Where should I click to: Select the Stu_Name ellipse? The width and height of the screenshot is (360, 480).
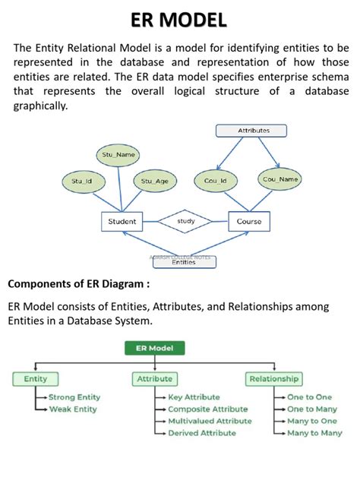point(119,154)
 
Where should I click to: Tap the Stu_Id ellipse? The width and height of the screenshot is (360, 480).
point(82,181)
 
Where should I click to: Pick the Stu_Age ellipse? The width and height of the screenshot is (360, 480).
point(155,181)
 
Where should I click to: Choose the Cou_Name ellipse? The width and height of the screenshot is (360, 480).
point(280,179)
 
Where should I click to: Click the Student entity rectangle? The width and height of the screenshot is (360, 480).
point(122,222)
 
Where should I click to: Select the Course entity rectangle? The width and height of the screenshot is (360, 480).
point(249,222)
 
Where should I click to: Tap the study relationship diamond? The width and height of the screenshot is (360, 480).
point(186,222)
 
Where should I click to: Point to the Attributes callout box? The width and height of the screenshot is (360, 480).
point(254,131)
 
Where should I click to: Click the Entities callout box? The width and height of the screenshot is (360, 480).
point(183,263)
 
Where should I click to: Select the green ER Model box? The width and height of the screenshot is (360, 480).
point(154,349)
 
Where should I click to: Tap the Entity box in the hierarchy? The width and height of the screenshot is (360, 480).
point(36,378)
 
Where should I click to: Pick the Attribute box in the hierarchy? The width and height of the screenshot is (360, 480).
point(154,378)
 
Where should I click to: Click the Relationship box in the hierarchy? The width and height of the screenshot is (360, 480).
point(274,378)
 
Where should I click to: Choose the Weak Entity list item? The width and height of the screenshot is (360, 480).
point(72,409)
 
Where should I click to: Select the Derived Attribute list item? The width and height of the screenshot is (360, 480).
point(201,433)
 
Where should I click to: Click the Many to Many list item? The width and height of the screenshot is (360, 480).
point(314,433)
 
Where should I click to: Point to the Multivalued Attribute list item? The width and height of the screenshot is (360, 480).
point(209,421)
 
